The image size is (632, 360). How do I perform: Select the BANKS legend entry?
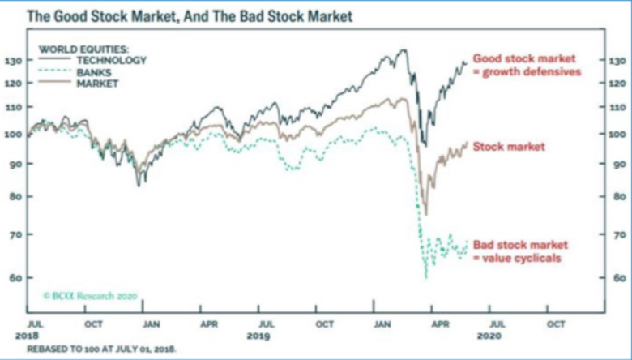[96, 71]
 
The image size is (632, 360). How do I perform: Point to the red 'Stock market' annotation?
[508, 147]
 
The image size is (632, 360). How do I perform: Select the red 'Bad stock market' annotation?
[520, 251]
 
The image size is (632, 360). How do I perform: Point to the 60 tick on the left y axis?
[15, 277]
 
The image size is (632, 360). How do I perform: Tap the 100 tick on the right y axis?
[615, 134]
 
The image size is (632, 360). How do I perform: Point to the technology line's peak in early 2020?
[403, 50]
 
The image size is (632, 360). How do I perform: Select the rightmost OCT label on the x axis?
[555, 324]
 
